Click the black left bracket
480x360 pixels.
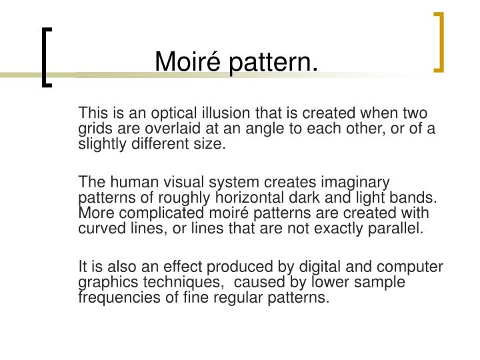[x=47, y=57]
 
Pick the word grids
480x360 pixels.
[x=95, y=128]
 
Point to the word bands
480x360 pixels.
[x=417, y=198]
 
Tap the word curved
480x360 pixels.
[x=100, y=229]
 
